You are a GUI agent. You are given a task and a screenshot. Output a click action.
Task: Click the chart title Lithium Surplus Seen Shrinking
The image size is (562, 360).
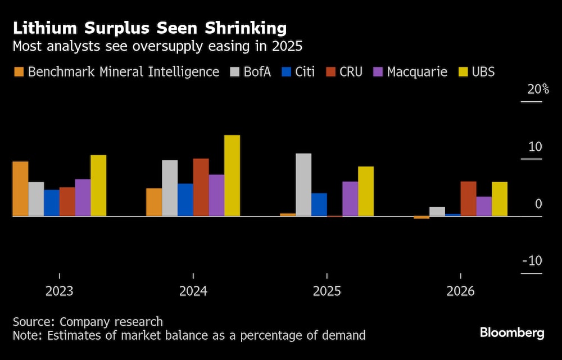point(149,28)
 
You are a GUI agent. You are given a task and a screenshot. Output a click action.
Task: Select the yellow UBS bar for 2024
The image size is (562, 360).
point(232,175)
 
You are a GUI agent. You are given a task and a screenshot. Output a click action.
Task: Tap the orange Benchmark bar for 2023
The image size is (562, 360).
point(20,189)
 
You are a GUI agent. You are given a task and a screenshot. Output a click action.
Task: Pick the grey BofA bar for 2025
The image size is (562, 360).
point(303,184)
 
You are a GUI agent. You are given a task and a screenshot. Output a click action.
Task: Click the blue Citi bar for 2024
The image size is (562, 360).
point(185,200)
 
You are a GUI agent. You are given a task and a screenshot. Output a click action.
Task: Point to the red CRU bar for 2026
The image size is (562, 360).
point(468,199)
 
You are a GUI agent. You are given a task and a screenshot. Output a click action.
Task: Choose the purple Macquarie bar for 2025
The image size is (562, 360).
point(350,199)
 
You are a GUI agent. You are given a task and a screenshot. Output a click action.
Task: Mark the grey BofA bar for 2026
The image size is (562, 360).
point(437,211)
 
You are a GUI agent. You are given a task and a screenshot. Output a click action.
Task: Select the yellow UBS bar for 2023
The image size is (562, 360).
point(98,186)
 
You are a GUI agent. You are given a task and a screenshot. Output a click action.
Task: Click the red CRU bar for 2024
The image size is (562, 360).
point(201,187)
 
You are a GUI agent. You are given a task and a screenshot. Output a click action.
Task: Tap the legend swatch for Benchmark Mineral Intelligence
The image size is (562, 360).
point(19,72)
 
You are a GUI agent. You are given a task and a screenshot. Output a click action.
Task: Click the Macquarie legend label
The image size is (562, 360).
point(417,72)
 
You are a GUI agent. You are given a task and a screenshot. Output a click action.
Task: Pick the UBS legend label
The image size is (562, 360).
point(483,72)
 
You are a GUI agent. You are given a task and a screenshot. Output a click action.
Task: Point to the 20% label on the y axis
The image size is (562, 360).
point(538,89)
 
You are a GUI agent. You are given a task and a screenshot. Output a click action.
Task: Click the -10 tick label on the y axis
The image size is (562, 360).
point(532,261)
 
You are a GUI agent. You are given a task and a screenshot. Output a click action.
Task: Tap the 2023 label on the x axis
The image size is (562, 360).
point(59,291)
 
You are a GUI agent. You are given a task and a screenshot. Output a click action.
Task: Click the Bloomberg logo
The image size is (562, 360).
point(511,332)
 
